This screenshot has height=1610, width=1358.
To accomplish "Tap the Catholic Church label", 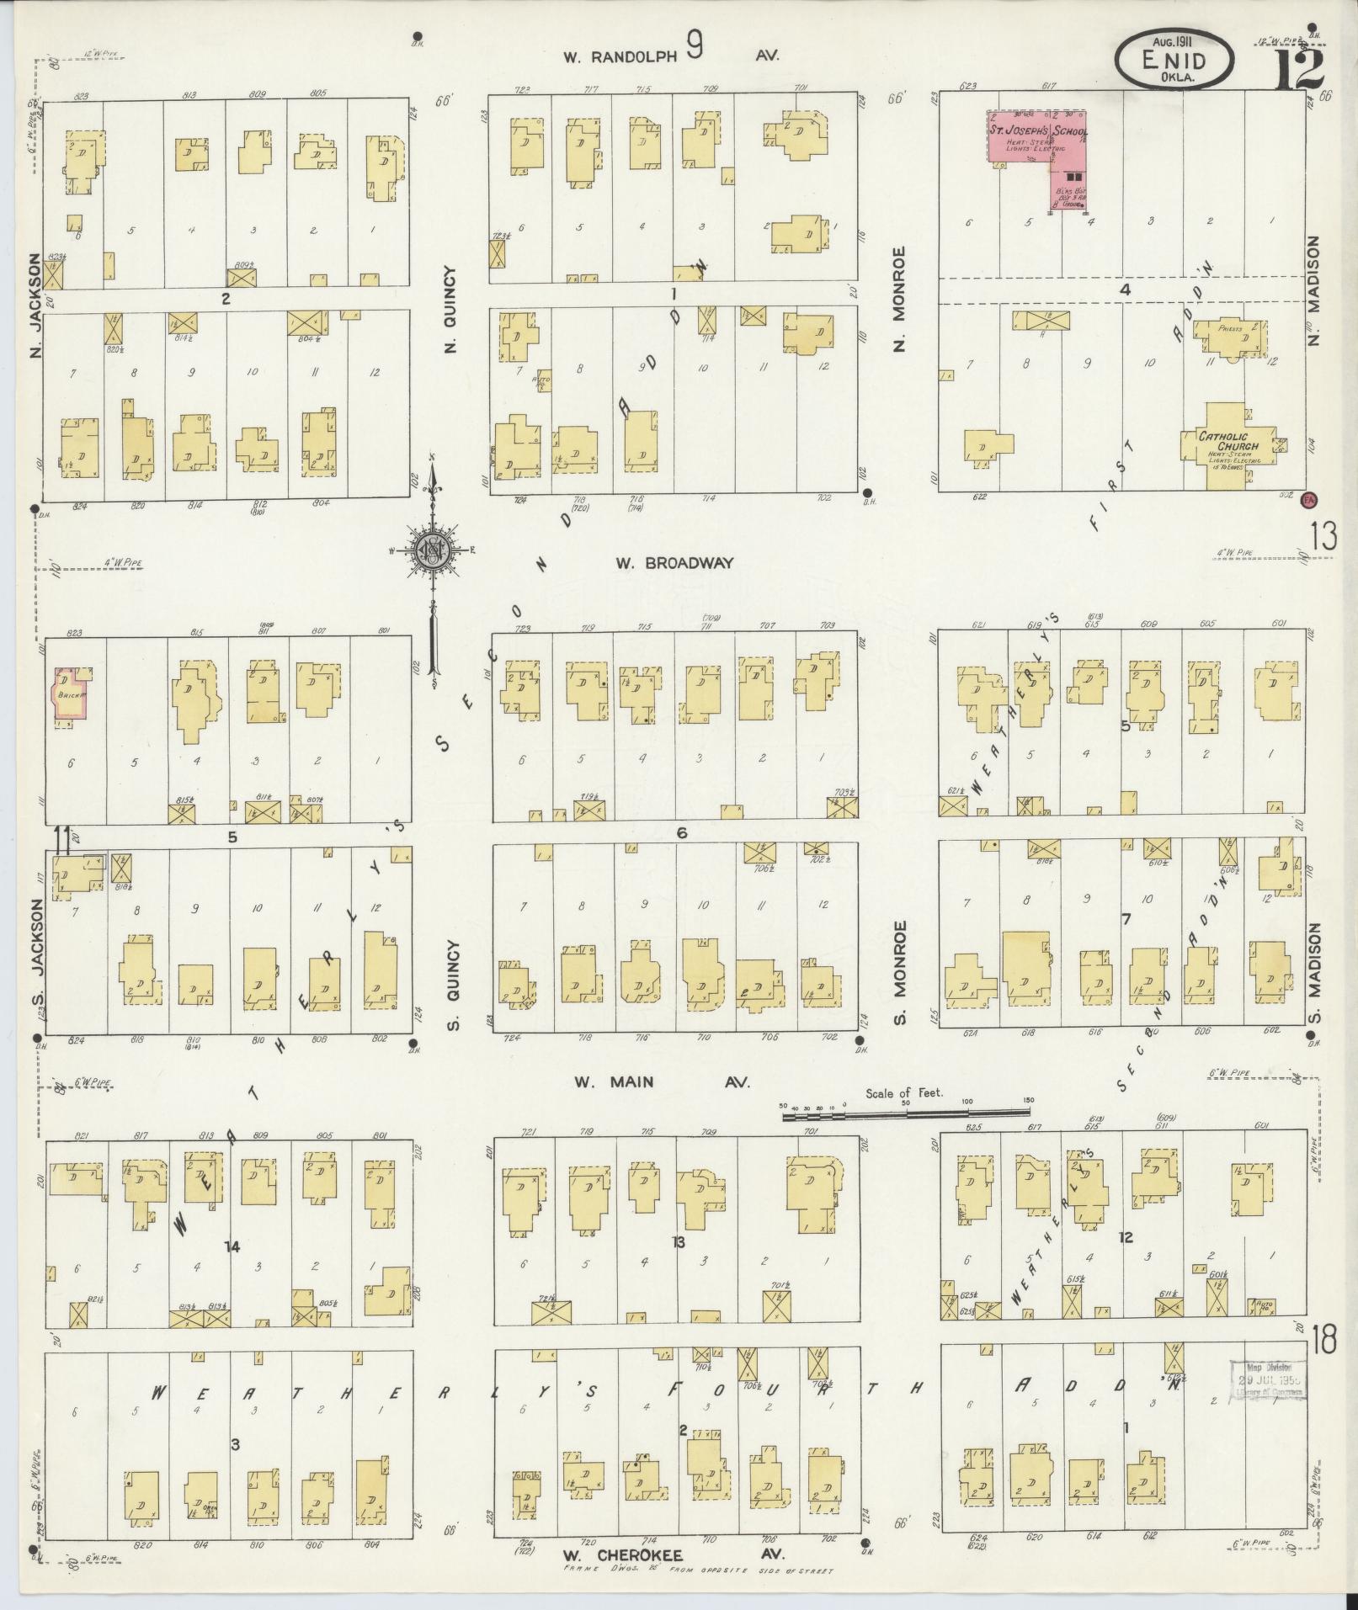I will [x=1229, y=441].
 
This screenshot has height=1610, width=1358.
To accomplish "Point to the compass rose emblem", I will [x=433, y=551].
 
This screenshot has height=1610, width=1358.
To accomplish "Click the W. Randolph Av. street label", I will [x=672, y=56].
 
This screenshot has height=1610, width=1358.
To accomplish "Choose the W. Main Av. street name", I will [x=662, y=1082].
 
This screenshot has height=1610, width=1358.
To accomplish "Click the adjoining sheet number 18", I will [x=1323, y=1338].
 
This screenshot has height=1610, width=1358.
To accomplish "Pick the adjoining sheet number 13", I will [x=1323, y=536].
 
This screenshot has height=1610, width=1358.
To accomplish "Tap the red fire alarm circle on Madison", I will [x=1309, y=498].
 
